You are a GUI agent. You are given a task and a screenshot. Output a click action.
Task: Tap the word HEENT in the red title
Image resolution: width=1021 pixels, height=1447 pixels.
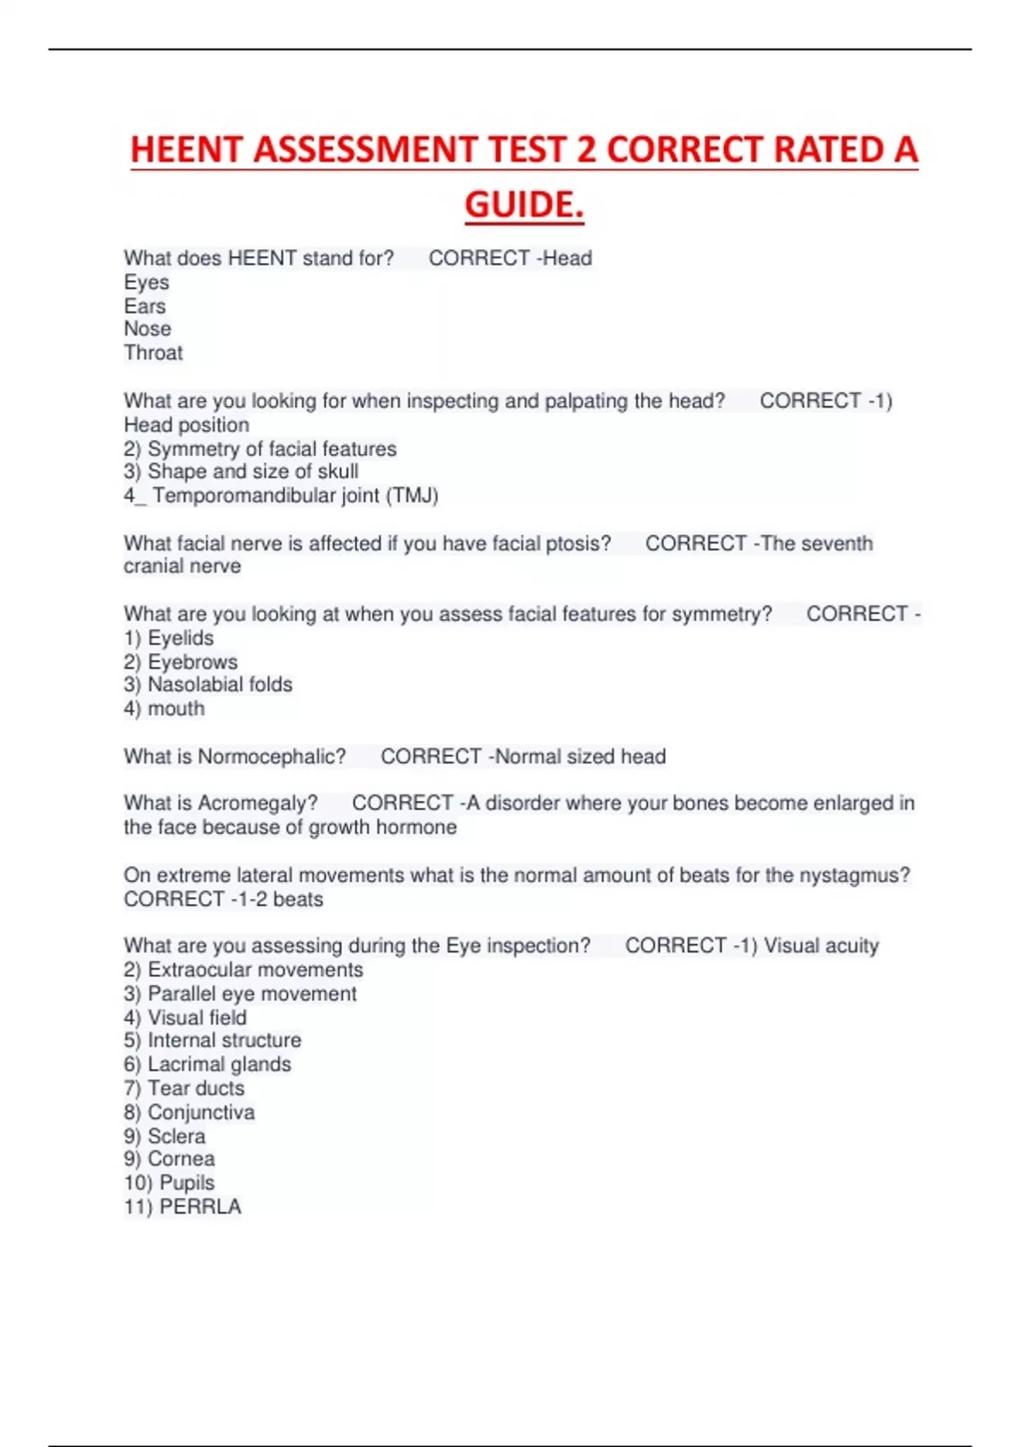(186, 151)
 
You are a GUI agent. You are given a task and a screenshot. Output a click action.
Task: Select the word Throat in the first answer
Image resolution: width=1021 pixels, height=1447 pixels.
(153, 353)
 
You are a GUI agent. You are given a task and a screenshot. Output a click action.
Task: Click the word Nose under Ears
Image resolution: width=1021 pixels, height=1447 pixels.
(147, 329)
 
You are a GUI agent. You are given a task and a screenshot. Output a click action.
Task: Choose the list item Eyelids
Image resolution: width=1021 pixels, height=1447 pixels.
(180, 638)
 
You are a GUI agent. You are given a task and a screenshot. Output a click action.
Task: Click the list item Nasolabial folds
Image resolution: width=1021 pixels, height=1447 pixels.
(220, 685)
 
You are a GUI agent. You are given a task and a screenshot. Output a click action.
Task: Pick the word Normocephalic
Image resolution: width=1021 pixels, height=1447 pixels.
(271, 757)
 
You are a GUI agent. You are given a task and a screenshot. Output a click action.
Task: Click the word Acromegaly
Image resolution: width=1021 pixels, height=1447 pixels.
(257, 804)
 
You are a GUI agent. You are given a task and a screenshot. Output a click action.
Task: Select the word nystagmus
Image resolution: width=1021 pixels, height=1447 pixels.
(854, 875)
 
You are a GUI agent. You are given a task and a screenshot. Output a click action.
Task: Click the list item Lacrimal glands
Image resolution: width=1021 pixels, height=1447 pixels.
(219, 1065)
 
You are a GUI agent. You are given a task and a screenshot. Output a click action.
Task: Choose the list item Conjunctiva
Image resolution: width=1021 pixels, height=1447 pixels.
(201, 1112)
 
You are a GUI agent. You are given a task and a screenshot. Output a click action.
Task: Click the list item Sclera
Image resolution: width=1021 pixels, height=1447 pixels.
(176, 1136)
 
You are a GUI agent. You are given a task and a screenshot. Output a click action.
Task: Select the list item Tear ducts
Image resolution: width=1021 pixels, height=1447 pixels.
(196, 1089)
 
